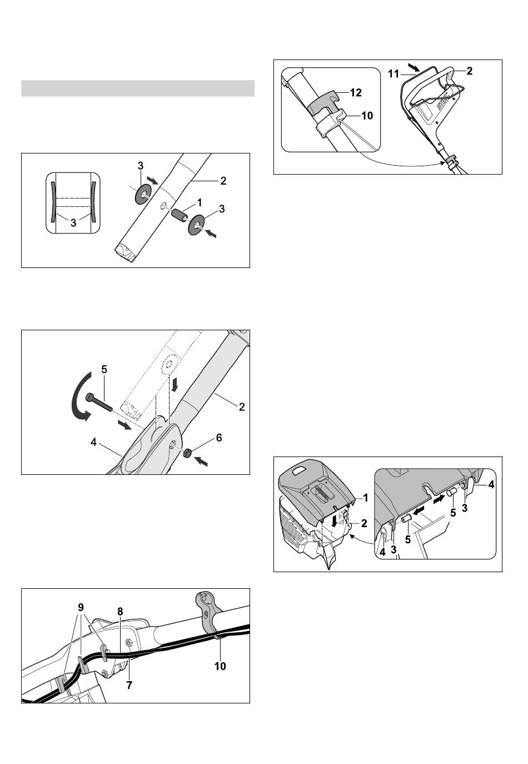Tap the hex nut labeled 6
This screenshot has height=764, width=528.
click(186, 453)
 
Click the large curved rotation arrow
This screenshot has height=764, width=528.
click(81, 396)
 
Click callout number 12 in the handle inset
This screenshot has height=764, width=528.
click(356, 92)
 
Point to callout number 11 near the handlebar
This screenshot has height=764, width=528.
click(393, 73)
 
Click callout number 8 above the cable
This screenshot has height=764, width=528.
click(120, 612)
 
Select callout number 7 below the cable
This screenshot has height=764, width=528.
click(129, 685)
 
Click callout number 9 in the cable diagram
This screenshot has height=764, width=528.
click(81, 607)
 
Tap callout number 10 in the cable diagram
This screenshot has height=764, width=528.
click(220, 666)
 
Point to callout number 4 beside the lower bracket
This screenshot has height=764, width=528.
click(93, 443)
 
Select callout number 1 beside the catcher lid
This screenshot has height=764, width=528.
click(366, 498)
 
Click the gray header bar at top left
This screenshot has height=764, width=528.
click(138, 88)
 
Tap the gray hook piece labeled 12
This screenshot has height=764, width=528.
click(322, 103)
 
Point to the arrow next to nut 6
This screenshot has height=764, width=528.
click(200, 462)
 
